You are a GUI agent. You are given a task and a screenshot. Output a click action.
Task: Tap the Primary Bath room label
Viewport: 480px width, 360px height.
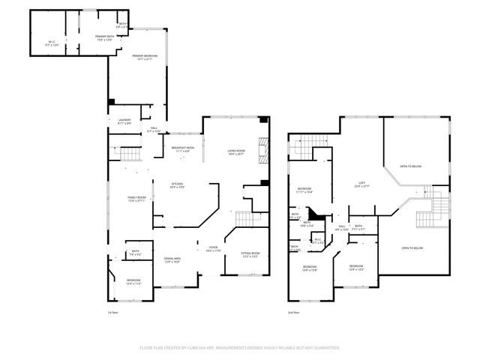pos(103,37)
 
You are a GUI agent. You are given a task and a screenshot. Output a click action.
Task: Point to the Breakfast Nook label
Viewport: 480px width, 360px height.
pos(183,150)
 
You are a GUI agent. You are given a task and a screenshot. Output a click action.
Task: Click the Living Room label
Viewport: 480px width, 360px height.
pos(236,152)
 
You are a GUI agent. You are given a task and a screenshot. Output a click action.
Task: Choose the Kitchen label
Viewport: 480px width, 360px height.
pos(178,185)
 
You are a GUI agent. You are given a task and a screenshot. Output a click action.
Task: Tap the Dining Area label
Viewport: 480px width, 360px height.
pos(172,260)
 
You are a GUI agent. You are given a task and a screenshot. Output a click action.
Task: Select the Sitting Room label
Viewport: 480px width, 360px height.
pos(250,255)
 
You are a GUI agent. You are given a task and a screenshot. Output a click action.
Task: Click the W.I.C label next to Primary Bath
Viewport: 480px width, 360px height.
pos(52,43)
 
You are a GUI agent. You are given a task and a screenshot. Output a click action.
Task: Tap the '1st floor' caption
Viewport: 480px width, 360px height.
pos(113,312)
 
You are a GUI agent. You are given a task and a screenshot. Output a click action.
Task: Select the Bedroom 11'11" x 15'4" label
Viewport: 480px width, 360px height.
pos(304,190)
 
